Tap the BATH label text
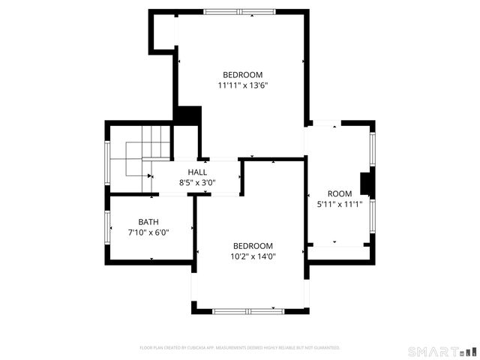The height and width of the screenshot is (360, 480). click(x=148, y=221)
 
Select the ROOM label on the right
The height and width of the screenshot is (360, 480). click(x=340, y=193)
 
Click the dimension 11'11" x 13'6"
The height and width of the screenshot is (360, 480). click(x=243, y=85)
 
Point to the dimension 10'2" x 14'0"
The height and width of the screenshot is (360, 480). click(x=253, y=256)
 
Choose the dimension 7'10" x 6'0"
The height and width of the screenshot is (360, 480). click(x=148, y=232)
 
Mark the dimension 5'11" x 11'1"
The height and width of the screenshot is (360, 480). click(x=340, y=204)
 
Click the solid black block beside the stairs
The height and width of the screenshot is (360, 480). click(x=187, y=116)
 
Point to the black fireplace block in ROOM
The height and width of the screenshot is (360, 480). click(x=367, y=184)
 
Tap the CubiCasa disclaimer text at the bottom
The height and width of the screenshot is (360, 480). click(x=240, y=348)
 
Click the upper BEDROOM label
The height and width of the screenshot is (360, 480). click(x=243, y=74)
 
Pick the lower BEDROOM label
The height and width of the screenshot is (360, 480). click(x=253, y=246)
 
